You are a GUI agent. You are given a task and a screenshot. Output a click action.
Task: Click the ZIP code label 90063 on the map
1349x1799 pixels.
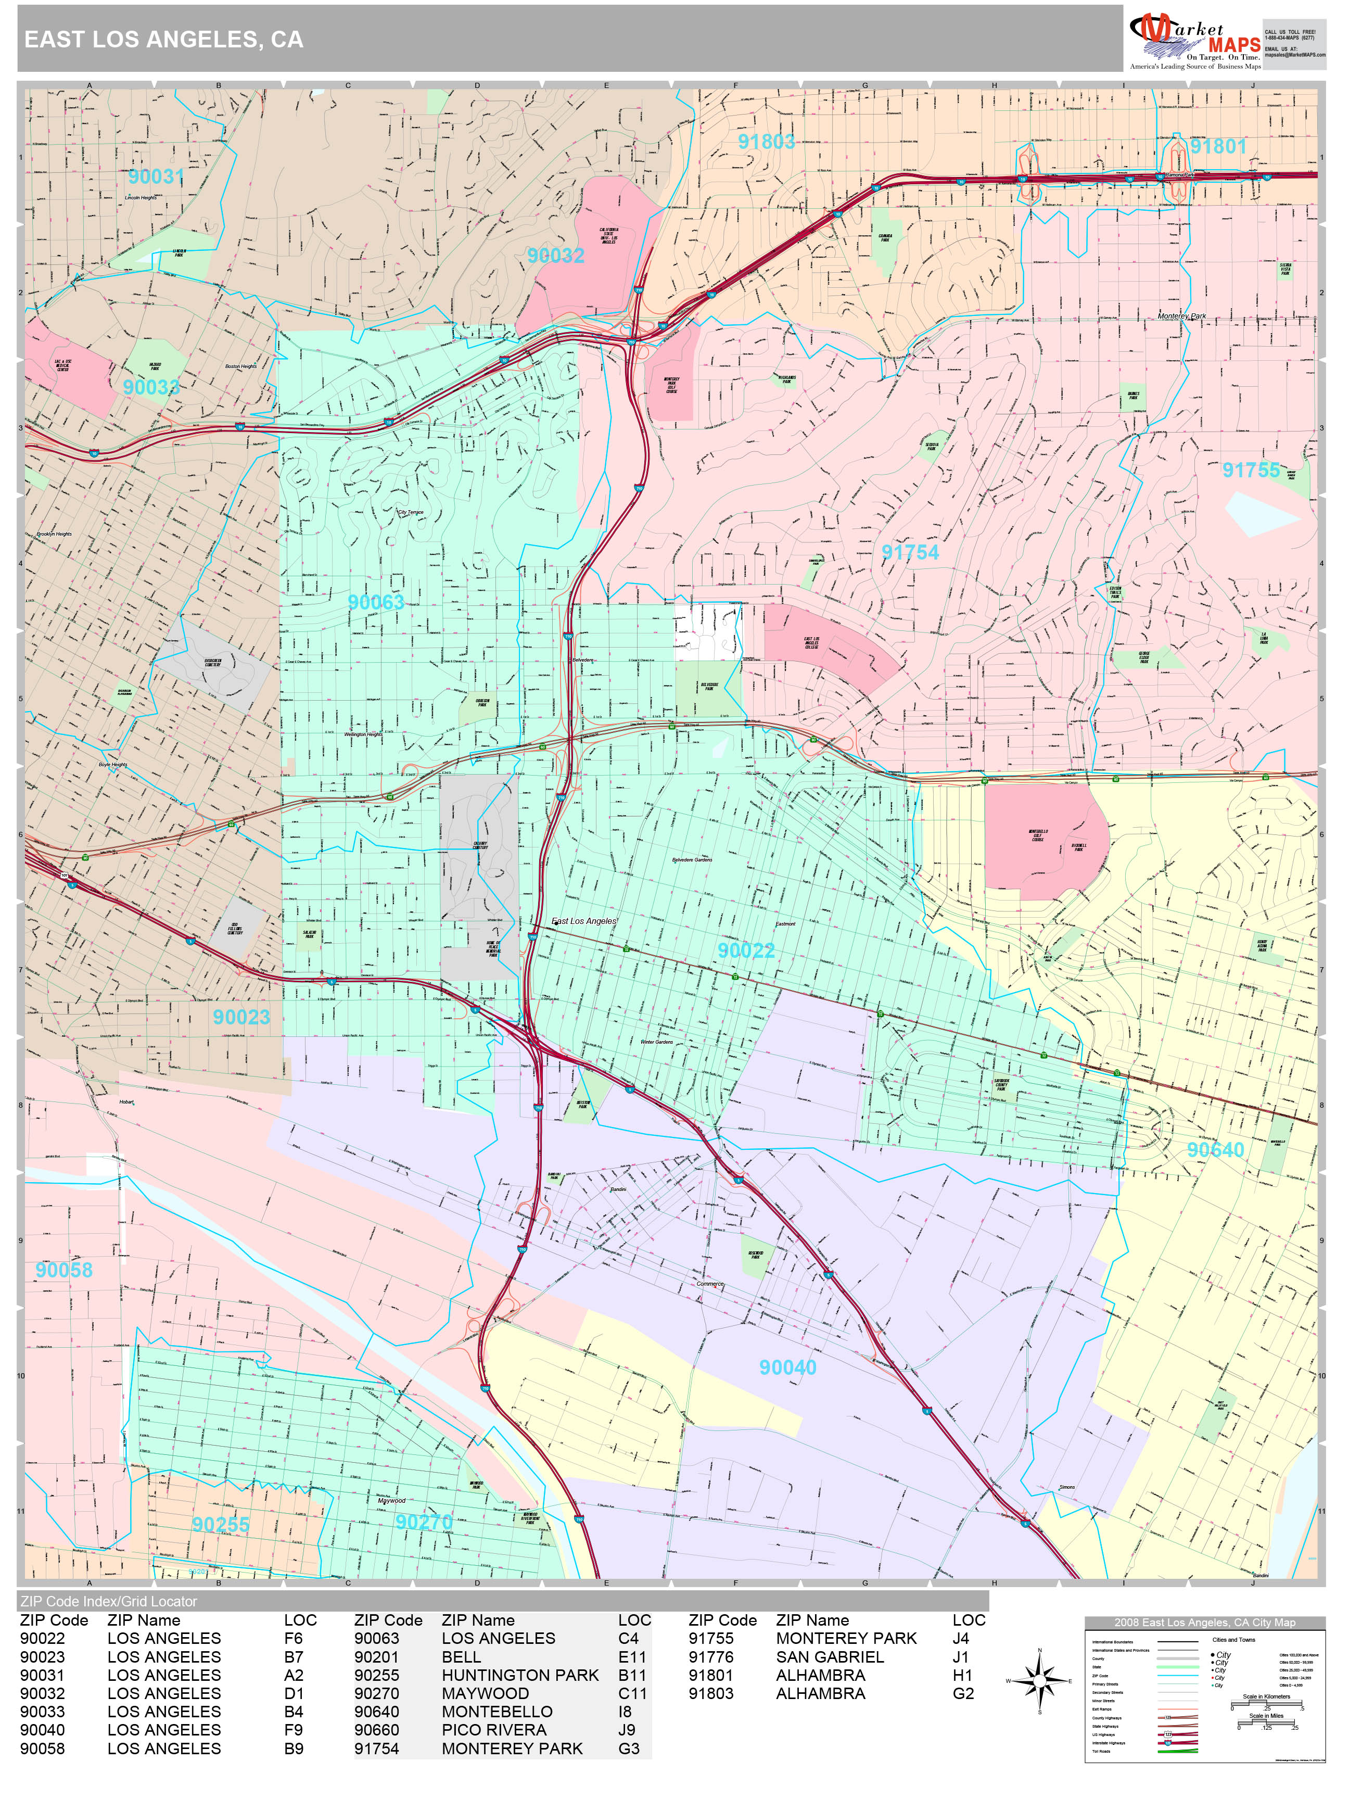pos(376,603)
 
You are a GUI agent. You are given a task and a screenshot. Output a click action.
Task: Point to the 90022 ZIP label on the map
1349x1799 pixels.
pos(746,950)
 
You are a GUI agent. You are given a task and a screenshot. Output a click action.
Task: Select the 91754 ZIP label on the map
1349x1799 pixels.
pos(910,552)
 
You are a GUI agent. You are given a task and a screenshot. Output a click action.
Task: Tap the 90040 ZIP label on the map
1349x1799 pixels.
pos(787,1367)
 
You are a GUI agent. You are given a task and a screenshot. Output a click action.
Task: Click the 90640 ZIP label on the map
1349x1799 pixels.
pos(1215,1149)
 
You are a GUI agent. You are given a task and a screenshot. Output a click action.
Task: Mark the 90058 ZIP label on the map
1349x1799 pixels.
pos(64,1270)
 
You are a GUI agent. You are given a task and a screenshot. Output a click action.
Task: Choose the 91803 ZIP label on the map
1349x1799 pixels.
pos(766,142)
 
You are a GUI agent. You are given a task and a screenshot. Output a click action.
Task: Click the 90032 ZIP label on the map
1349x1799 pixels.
pos(555,256)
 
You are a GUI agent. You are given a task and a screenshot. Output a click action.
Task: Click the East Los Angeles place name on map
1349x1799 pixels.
pos(584,921)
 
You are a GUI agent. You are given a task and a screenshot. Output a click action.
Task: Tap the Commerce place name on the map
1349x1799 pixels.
pos(710,1283)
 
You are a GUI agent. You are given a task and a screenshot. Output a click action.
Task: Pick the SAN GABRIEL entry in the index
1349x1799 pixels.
pos(830,1657)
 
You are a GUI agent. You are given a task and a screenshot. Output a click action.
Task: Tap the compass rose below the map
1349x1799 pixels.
pos(1039,1680)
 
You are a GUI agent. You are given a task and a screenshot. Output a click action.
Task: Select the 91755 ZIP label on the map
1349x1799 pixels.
pos(1251,470)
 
